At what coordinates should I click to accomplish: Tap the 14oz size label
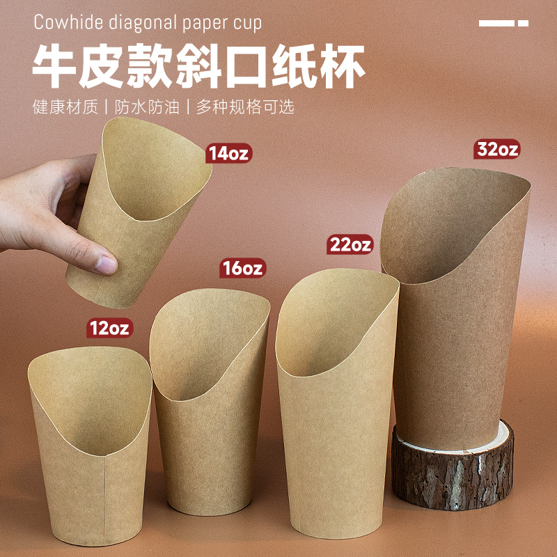[228, 153]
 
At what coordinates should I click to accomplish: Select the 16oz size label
[243, 268]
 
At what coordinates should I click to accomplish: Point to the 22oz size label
[351, 245]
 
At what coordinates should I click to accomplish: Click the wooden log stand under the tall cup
[453, 466]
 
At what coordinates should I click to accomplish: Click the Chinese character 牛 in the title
[60, 67]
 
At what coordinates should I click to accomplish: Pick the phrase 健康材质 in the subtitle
[63, 108]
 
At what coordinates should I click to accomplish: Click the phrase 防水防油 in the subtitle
[148, 108]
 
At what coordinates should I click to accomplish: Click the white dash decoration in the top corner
[503, 23]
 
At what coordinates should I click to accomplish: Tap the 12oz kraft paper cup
[91, 446]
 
